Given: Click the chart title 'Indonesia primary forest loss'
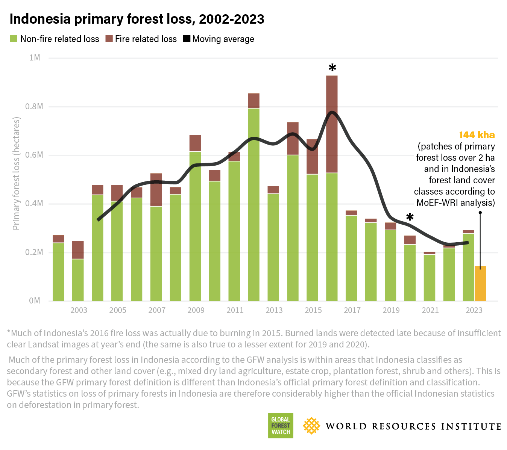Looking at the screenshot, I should tap(137, 19).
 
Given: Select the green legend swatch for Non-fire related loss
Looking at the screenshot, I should tap(14, 39).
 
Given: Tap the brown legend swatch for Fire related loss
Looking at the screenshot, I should tap(109, 39).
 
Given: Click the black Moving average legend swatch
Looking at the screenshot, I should tap(187, 39).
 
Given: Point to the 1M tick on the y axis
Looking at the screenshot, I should tap(35, 57).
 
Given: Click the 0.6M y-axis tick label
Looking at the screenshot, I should tap(34, 155).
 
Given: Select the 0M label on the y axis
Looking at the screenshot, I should tap(35, 301).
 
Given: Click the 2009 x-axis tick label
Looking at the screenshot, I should tap(196, 310).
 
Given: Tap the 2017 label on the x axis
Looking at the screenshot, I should tap(352, 310).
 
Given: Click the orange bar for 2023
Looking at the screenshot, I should tap(480, 284).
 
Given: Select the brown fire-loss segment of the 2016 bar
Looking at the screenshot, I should tap(332, 124).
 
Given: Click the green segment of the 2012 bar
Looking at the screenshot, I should tap(254, 205).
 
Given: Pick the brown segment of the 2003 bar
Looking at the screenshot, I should tap(78, 250).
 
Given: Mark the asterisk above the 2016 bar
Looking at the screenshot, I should tap(332, 68).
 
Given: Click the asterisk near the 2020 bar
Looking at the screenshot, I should tap(410, 217).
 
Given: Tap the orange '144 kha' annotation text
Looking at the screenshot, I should tap(477, 135).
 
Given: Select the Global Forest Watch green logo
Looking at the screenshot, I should tap(281, 426).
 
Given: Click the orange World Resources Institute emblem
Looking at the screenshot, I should tap(311, 426).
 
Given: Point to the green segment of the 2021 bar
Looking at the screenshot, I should tap(429, 278).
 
